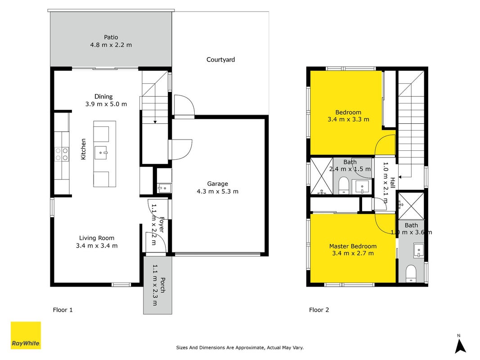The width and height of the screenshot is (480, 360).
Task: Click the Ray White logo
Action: [26, 335]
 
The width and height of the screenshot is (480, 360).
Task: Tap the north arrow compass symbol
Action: [460, 344]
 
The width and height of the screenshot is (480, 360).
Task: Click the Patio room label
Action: [111, 37]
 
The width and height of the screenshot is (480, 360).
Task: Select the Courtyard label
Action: [221, 60]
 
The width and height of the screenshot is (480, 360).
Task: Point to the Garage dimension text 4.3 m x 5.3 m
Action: [217, 192]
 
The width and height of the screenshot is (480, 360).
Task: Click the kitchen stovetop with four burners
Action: [62, 154]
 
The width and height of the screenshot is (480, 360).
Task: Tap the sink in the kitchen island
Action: [101, 153]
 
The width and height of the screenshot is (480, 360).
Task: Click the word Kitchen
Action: [83, 149]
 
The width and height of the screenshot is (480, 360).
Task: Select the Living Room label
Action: [97, 238]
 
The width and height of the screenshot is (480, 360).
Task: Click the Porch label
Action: [163, 285]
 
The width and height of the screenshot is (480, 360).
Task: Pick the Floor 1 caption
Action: [63, 310]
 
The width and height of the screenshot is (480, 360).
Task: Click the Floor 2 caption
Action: [319, 310]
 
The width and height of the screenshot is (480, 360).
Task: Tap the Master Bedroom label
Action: [353, 246]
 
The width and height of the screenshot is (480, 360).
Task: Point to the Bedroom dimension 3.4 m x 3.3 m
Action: [348, 119]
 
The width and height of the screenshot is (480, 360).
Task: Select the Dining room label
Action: [103, 97]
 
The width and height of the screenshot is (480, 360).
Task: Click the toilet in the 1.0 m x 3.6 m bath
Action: [411, 274]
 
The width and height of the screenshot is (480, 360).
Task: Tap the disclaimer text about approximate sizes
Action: [240, 347]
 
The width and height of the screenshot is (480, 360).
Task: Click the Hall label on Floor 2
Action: [392, 183]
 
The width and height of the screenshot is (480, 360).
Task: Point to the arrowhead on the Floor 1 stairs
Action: [155, 122]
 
